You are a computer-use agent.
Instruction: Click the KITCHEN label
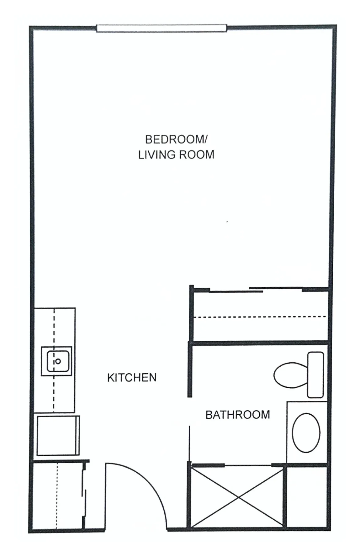[x=132, y=377]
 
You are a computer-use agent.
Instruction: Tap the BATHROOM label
[x=237, y=415]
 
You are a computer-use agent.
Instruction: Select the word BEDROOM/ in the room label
[x=176, y=139]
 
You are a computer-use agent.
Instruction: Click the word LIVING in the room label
[x=155, y=155]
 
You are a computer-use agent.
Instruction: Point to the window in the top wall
[x=161, y=28]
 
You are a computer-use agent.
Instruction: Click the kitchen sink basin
[x=58, y=361]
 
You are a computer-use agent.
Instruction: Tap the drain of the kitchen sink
[x=58, y=361]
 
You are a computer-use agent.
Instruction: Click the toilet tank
[x=315, y=375]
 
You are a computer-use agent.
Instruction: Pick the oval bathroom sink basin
[x=306, y=433]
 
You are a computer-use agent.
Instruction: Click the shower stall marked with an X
[x=238, y=497]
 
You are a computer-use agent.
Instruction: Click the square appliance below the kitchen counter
[x=58, y=435]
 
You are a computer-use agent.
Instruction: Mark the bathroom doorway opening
[x=189, y=411]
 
